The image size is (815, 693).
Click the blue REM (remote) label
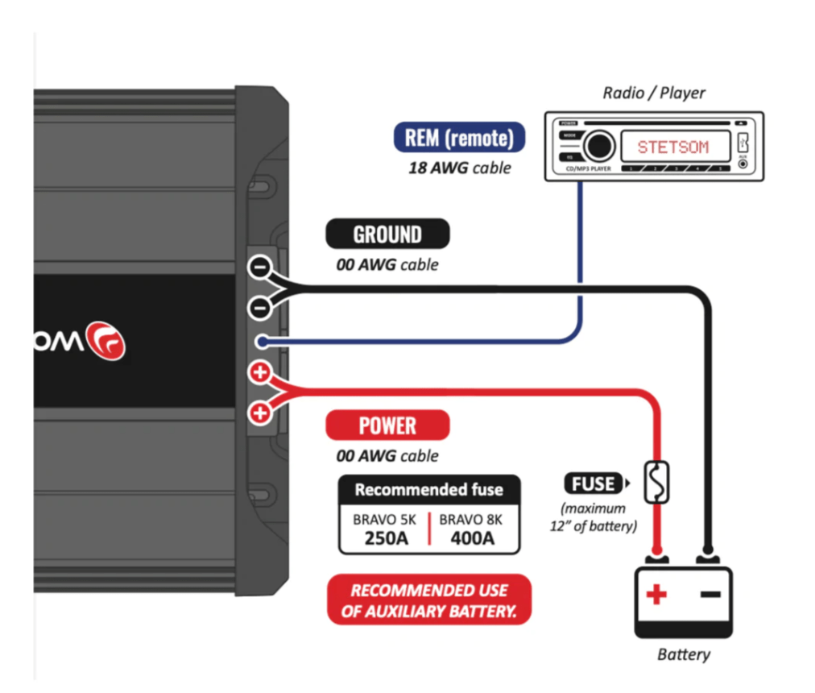click(459, 137)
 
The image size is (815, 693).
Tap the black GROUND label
click(387, 234)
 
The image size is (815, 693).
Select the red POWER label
click(387, 425)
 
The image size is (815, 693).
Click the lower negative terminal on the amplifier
click(259, 306)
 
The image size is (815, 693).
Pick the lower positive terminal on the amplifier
click(259, 413)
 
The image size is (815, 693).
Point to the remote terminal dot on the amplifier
click(260, 342)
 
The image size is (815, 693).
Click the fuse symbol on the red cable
click(658, 482)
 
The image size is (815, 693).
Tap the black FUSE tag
click(594, 484)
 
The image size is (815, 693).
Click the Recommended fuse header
click(428, 489)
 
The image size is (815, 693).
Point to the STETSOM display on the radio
click(673, 147)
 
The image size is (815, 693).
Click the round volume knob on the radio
click(598, 147)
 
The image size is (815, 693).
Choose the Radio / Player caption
click(654, 93)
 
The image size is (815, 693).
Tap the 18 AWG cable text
click(459, 168)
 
